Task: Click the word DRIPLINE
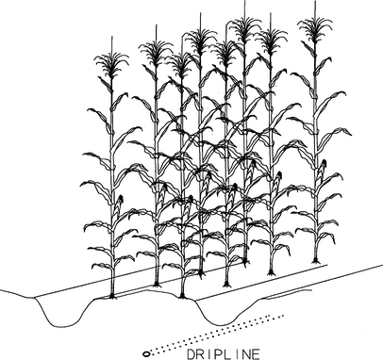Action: point(224,354)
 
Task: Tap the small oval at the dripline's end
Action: point(146,353)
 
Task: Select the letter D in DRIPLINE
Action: point(191,354)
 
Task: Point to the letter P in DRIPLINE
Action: point(219,354)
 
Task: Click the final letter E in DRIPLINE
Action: point(257,354)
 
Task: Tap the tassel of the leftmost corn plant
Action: point(111,64)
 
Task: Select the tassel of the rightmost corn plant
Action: point(315,26)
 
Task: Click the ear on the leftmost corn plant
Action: point(119,205)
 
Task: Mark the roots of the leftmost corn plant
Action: point(112,296)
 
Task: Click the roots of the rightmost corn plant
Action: point(316,261)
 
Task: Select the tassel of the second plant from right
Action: point(271,40)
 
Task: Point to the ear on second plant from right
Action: point(277,182)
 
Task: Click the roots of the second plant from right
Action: point(271,273)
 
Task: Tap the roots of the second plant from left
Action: point(157,285)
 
